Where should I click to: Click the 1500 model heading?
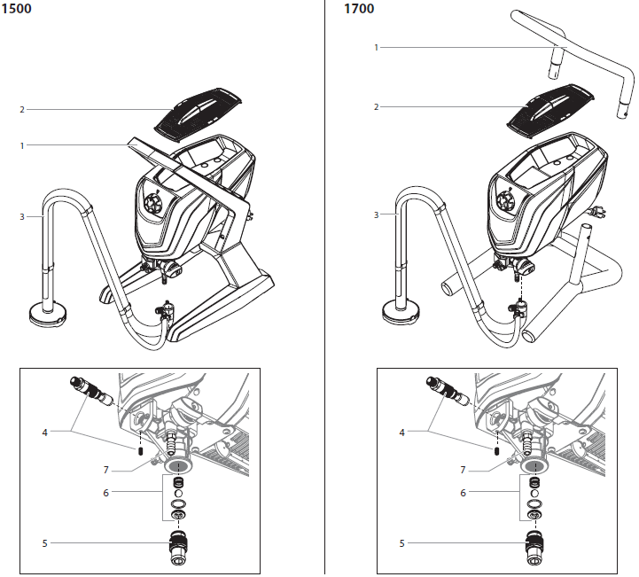click(x=15, y=9)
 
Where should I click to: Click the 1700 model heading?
click(x=358, y=9)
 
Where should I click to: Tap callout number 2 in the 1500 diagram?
click(x=22, y=110)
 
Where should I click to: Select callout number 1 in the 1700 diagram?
click(x=377, y=47)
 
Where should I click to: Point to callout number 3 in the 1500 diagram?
click(x=22, y=215)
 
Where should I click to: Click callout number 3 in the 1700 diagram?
click(x=377, y=214)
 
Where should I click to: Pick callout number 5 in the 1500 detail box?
click(x=44, y=542)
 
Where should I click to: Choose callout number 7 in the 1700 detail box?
click(x=462, y=470)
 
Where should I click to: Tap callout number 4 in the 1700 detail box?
click(x=401, y=433)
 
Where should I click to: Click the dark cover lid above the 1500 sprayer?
click(x=199, y=112)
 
